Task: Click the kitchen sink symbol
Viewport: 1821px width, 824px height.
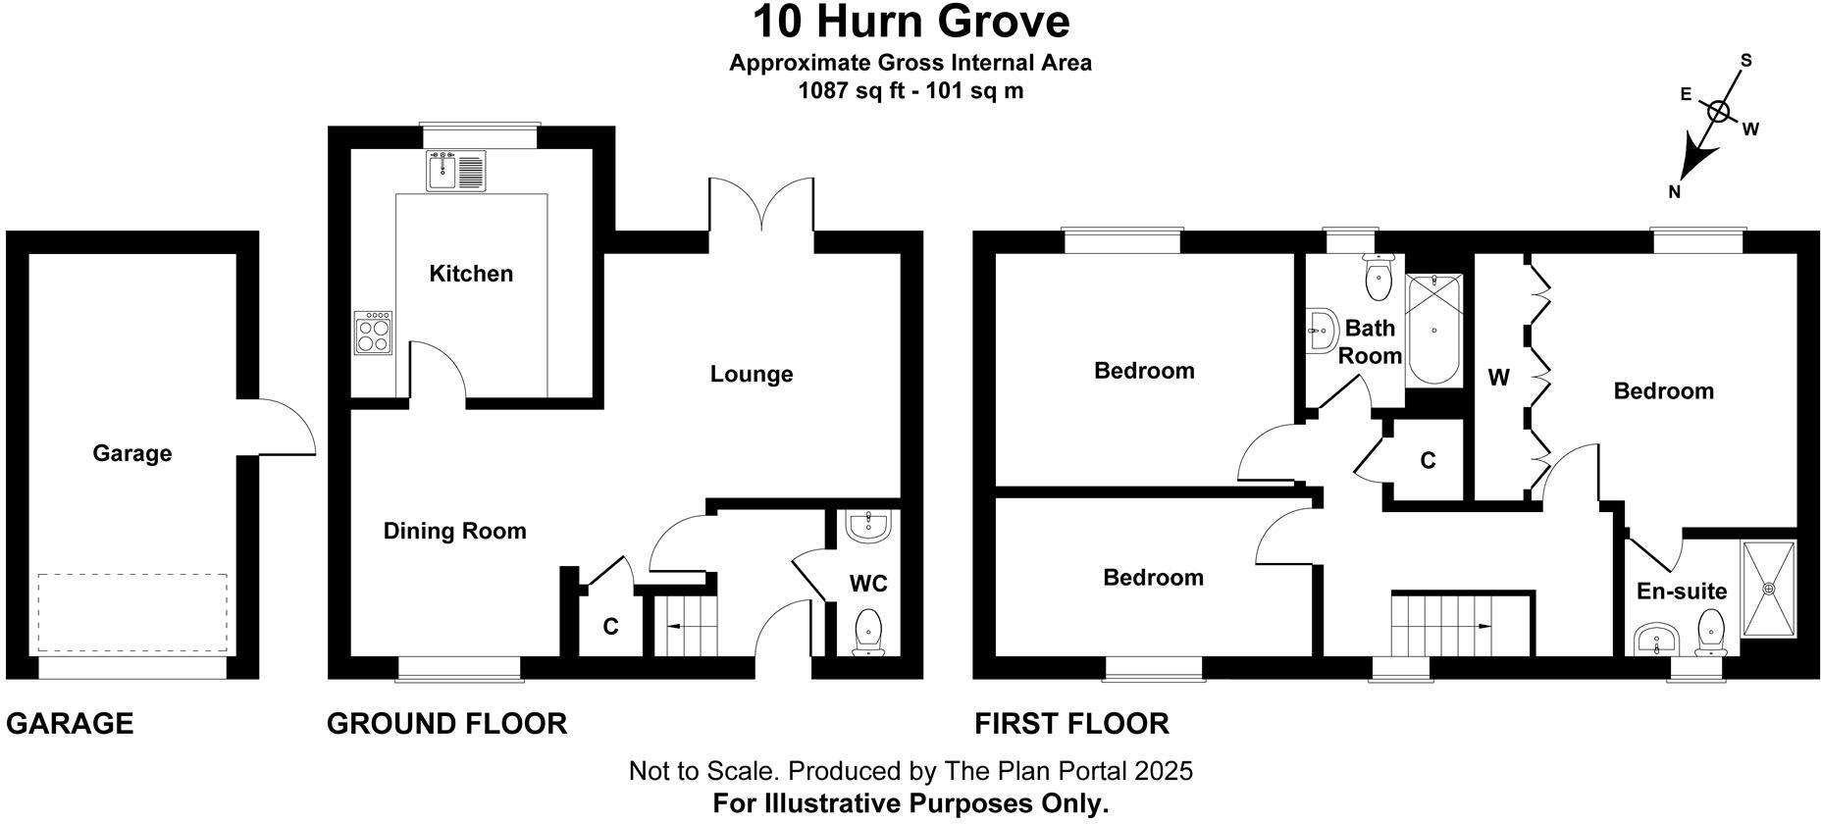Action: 456,171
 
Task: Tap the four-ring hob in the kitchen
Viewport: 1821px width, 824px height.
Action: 374,333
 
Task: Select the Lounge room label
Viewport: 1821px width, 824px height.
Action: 752,374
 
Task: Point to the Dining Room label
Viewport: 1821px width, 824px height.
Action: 454,531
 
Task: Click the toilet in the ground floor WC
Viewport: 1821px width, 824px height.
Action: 868,632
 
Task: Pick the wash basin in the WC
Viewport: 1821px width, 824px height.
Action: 868,527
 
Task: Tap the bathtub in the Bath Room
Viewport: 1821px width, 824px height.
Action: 1433,330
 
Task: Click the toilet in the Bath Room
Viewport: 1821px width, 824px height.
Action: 1379,278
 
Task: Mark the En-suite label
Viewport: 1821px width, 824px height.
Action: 1682,591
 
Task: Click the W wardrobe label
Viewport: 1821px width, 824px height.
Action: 1498,378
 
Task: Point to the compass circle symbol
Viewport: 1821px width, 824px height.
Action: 1718,112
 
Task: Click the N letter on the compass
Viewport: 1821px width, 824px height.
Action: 1675,192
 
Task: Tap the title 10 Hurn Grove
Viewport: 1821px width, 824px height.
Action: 910,22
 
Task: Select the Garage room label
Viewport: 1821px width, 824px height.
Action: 132,453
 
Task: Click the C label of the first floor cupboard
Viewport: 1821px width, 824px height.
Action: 1428,460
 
